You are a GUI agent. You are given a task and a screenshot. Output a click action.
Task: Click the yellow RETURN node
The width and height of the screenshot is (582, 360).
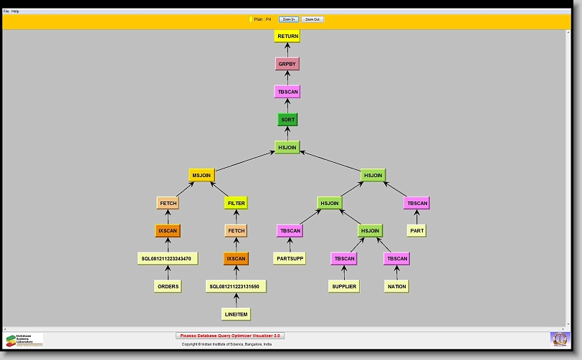pyautogui.click(x=287, y=36)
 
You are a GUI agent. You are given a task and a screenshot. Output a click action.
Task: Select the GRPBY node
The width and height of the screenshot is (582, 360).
pyautogui.click(x=287, y=64)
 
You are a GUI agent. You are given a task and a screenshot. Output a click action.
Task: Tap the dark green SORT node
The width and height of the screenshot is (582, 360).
pyautogui.click(x=287, y=120)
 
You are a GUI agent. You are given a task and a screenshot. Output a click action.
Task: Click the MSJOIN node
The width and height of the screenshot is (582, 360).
pyautogui.click(x=201, y=175)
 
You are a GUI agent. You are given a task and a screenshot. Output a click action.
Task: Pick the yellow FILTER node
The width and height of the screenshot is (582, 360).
pyautogui.click(x=236, y=203)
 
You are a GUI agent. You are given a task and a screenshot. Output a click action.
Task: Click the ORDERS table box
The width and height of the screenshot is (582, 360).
pyautogui.click(x=168, y=286)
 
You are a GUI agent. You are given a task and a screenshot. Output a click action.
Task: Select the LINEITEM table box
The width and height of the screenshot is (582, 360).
pyautogui.click(x=236, y=313)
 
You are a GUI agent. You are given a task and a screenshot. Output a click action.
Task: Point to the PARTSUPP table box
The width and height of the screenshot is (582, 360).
pyautogui.click(x=290, y=258)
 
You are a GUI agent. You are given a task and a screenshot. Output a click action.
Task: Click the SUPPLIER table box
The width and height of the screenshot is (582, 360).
pyautogui.click(x=343, y=286)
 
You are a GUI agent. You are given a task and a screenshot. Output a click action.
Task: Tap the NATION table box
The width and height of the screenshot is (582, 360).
pyautogui.click(x=396, y=286)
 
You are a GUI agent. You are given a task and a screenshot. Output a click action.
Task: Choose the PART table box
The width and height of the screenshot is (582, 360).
pyautogui.click(x=417, y=231)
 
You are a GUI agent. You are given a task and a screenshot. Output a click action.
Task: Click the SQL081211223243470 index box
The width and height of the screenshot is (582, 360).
pyautogui.click(x=168, y=258)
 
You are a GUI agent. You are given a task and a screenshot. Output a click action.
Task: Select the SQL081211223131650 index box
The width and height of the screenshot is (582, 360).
pyautogui.click(x=236, y=286)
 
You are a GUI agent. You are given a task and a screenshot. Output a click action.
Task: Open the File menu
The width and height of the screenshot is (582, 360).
pyautogui.click(x=6, y=11)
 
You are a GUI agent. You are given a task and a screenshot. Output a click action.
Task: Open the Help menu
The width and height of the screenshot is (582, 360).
pyautogui.click(x=15, y=11)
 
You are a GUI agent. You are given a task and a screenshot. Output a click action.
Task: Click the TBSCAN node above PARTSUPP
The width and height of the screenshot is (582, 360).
pyautogui.click(x=290, y=231)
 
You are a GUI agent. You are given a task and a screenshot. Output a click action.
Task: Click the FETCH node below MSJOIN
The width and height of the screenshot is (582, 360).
pyautogui.click(x=168, y=203)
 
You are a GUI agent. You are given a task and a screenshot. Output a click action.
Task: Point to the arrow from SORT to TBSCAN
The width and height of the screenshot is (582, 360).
pyautogui.click(x=287, y=105)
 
